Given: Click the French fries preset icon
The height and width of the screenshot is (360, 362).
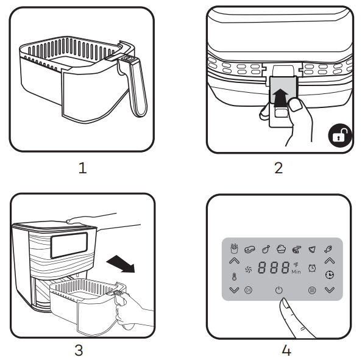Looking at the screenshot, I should click(233, 249).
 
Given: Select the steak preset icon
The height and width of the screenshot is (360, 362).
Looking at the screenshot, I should click(249, 249).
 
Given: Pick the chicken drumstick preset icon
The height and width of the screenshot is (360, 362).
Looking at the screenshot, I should click(266, 249).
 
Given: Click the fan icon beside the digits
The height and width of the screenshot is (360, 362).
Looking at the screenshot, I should click(248, 268).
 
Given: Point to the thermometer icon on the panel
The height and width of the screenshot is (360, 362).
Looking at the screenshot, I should click(234, 276).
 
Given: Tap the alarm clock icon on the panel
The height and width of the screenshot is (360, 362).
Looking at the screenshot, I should click(312, 268).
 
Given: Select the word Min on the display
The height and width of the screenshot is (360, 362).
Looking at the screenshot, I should click(296, 272).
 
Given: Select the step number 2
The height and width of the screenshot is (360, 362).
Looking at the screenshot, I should click(279, 168).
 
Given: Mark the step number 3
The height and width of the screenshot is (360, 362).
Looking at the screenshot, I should click(79, 350).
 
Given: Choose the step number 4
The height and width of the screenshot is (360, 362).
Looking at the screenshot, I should click(286, 350).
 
